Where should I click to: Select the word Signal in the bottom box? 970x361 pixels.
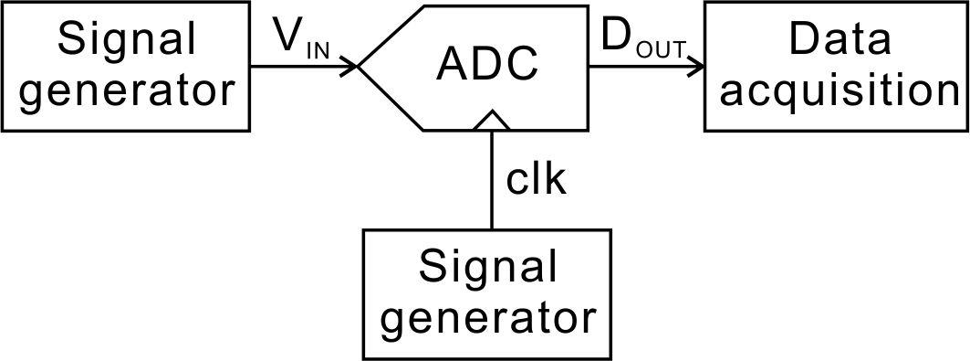tap(487, 268)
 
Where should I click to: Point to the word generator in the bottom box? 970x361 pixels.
tap(487, 318)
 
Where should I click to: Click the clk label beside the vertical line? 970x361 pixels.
tap(537, 179)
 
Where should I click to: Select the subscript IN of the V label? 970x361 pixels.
tap(317, 49)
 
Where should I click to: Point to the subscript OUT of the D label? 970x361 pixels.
tap(659, 50)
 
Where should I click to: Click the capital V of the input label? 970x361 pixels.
tap(288, 37)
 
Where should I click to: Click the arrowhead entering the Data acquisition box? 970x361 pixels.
tap(695, 66)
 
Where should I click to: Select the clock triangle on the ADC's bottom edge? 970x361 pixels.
tap(493, 120)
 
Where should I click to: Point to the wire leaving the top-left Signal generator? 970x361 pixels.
tap(292, 66)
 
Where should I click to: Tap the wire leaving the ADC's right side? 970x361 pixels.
tap(639, 66)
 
